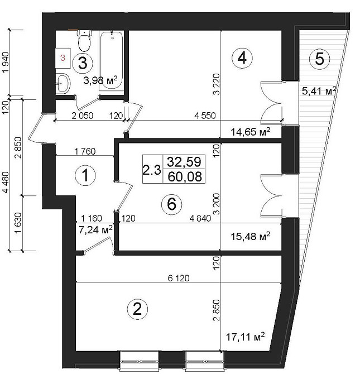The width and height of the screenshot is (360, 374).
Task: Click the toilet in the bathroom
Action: click(84, 40)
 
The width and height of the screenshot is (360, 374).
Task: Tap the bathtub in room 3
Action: click(112, 61)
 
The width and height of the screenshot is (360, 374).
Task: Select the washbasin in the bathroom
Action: click(63, 83)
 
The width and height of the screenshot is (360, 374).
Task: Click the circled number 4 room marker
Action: click(242, 58)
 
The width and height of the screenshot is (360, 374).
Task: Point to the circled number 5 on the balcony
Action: click(319, 59)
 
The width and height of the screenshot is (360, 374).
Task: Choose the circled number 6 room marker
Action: click(172, 204)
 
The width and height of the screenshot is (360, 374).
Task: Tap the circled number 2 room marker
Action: click(137, 309)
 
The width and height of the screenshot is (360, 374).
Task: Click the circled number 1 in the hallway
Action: click(85, 175)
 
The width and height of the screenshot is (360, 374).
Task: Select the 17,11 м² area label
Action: click(245, 337)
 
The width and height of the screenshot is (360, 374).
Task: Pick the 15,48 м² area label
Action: click(251, 236)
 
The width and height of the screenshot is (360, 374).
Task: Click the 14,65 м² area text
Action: click(251, 131)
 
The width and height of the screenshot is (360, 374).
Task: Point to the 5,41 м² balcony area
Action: click(319, 90)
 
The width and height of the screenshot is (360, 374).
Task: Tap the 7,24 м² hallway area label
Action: click(95, 230)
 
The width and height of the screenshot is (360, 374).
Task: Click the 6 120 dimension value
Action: click(179, 278)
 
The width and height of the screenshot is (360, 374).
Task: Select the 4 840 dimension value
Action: click(200, 218)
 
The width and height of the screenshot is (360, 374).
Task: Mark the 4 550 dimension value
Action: click(205, 116)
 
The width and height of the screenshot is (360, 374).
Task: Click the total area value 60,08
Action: click(185, 176)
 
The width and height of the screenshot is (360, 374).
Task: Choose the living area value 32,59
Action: click(184, 162)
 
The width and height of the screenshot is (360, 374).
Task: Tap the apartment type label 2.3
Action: click(152, 170)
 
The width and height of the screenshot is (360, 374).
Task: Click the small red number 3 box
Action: click(63, 58)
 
